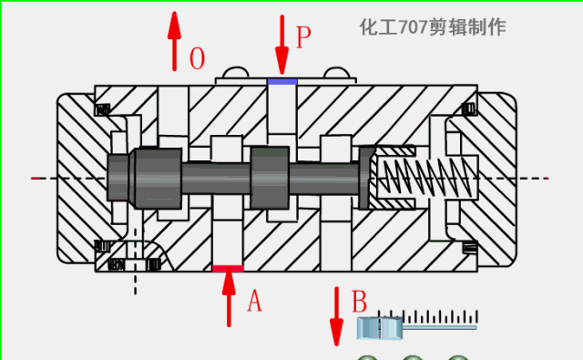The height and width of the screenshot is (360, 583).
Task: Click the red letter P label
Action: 303,37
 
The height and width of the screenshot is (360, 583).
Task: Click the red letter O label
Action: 197,58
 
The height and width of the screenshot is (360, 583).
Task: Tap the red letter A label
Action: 255,301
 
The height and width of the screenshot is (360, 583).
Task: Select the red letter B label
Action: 359,302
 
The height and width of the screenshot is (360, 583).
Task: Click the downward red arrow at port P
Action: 282,45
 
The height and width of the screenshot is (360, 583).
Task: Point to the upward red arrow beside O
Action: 174,41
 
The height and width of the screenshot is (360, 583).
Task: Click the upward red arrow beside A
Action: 229,297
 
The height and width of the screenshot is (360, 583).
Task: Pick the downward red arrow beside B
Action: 336,316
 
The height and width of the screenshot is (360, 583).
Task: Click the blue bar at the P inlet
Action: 282,82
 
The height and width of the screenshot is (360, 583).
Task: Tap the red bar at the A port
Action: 228,269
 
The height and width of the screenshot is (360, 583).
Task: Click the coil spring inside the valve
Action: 427,178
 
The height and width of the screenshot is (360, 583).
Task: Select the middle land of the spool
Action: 270,178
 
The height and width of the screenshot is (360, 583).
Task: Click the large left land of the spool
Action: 158,178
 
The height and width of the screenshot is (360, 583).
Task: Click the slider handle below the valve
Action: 380,328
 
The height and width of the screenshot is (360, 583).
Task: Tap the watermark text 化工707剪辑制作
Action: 433,27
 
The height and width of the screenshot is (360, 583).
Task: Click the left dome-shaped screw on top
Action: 236,73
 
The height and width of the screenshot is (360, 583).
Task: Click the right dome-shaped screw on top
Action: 337,73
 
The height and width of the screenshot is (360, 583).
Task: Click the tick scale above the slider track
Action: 427,316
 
